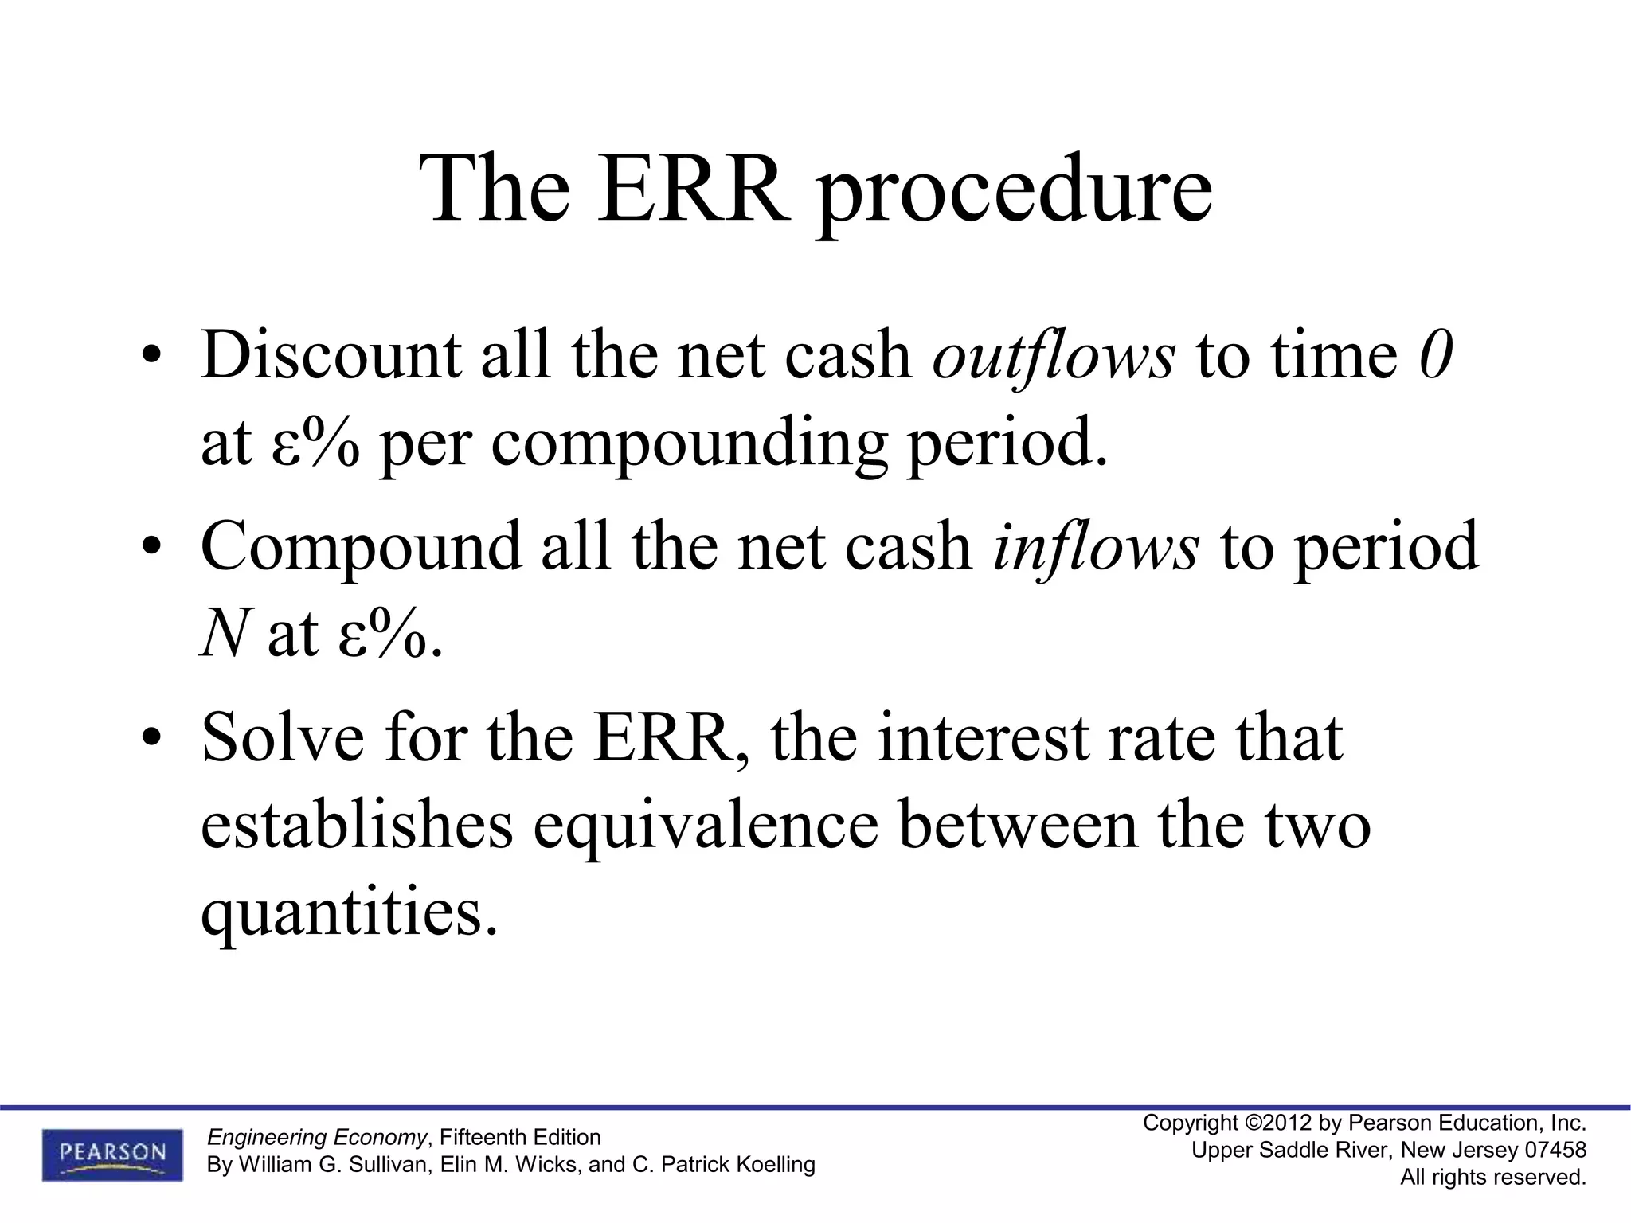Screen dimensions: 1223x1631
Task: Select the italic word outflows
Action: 1053,354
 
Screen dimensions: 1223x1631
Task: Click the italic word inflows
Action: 1095,547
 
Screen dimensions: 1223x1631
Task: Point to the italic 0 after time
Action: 1436,354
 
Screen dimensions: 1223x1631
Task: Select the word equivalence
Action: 706,826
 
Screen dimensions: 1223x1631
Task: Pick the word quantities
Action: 350,913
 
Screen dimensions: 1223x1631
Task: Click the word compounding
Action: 689,444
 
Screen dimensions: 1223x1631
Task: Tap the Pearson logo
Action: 112,1155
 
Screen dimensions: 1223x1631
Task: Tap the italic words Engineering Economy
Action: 317,1137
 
